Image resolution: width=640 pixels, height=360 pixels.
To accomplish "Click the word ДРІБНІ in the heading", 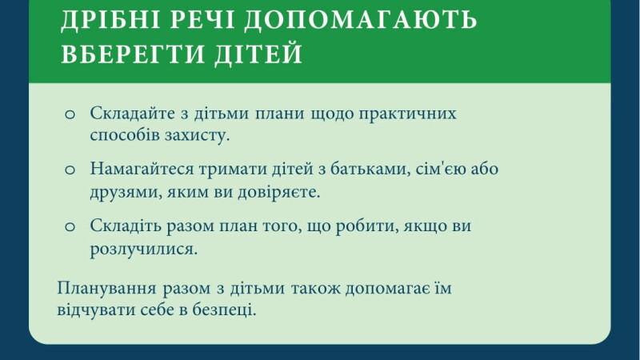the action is click(x=111, y=19).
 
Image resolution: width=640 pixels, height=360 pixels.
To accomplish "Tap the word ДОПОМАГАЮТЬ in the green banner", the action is click(x=361, y=19).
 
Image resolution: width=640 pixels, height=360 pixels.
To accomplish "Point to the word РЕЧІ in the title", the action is click(x=202, y=19).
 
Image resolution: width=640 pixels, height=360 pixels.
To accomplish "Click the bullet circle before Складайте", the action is click(x=70, y=114).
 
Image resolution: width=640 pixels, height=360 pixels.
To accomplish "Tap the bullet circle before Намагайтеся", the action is click(x=70, y=170).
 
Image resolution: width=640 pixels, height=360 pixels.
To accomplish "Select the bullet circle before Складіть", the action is click(x=70, y=227).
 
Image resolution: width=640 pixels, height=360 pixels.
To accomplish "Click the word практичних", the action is click(x=407, y=114).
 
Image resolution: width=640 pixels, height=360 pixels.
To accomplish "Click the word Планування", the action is click(x=106, y=289).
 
